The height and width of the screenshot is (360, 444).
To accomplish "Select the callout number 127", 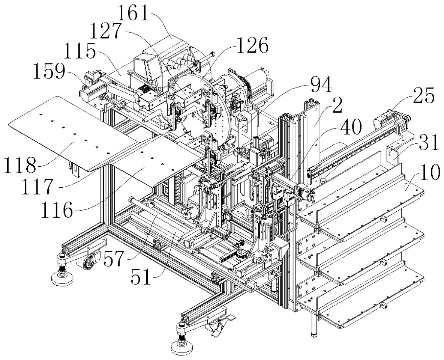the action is [x=105, y=31].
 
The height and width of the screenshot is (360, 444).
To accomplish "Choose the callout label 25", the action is [x=423, y=95].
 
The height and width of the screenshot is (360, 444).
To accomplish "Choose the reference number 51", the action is [x=141, y=277].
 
